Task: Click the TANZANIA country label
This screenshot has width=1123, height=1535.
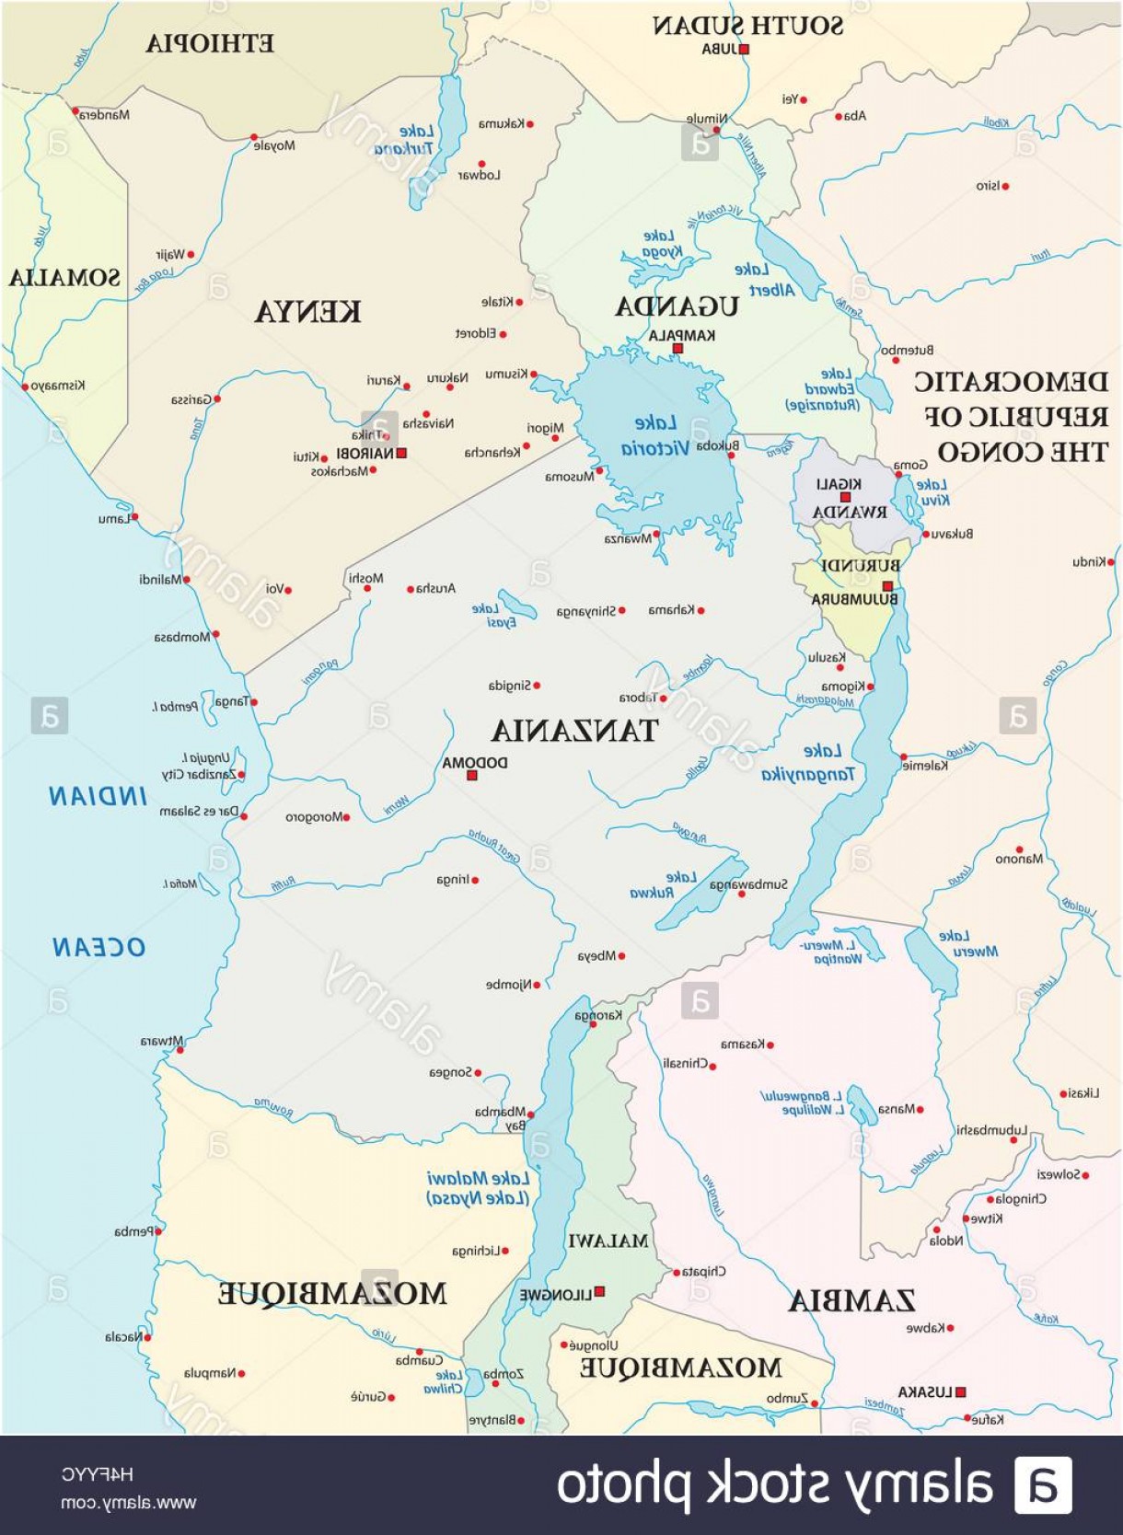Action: click(574, 731)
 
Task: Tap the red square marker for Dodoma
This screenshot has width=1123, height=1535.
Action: click(472, 776)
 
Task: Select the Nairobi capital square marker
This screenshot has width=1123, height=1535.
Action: click(401, 453)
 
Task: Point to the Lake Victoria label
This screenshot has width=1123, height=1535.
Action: click(654, 436)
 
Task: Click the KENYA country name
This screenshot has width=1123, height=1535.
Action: click(307, 312)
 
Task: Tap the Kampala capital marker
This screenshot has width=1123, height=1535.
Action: click(677, 349)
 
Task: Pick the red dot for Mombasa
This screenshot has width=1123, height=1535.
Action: click(215, 634)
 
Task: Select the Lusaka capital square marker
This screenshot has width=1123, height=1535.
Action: click(960, 1392)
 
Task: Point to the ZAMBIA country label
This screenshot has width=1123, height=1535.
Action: click(851, 1300)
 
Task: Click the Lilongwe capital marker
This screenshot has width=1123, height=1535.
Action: click(599, 1292)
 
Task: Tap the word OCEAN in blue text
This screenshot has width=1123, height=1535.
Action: click(98, 947)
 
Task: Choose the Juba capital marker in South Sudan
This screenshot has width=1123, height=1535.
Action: click(744, 50)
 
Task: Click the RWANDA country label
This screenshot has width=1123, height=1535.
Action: click(850, 512)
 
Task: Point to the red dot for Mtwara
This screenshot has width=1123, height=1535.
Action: click(179, 1050)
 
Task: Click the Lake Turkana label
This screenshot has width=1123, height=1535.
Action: click(405, 140)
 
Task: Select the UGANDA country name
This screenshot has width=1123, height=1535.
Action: click(677, 306)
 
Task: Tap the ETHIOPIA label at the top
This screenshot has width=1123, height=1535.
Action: click(210, 43)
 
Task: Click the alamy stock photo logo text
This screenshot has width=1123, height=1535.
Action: click(773, 1484)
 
